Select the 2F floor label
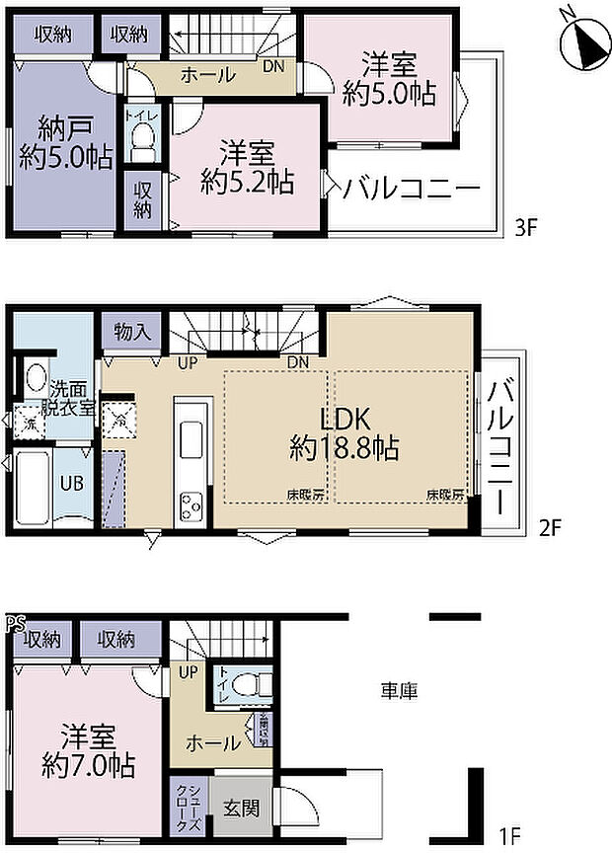549,526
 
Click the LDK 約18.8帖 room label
344,431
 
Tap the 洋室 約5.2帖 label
247,167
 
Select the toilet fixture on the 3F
144,140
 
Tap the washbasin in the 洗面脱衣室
35,379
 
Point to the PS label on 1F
14,623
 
